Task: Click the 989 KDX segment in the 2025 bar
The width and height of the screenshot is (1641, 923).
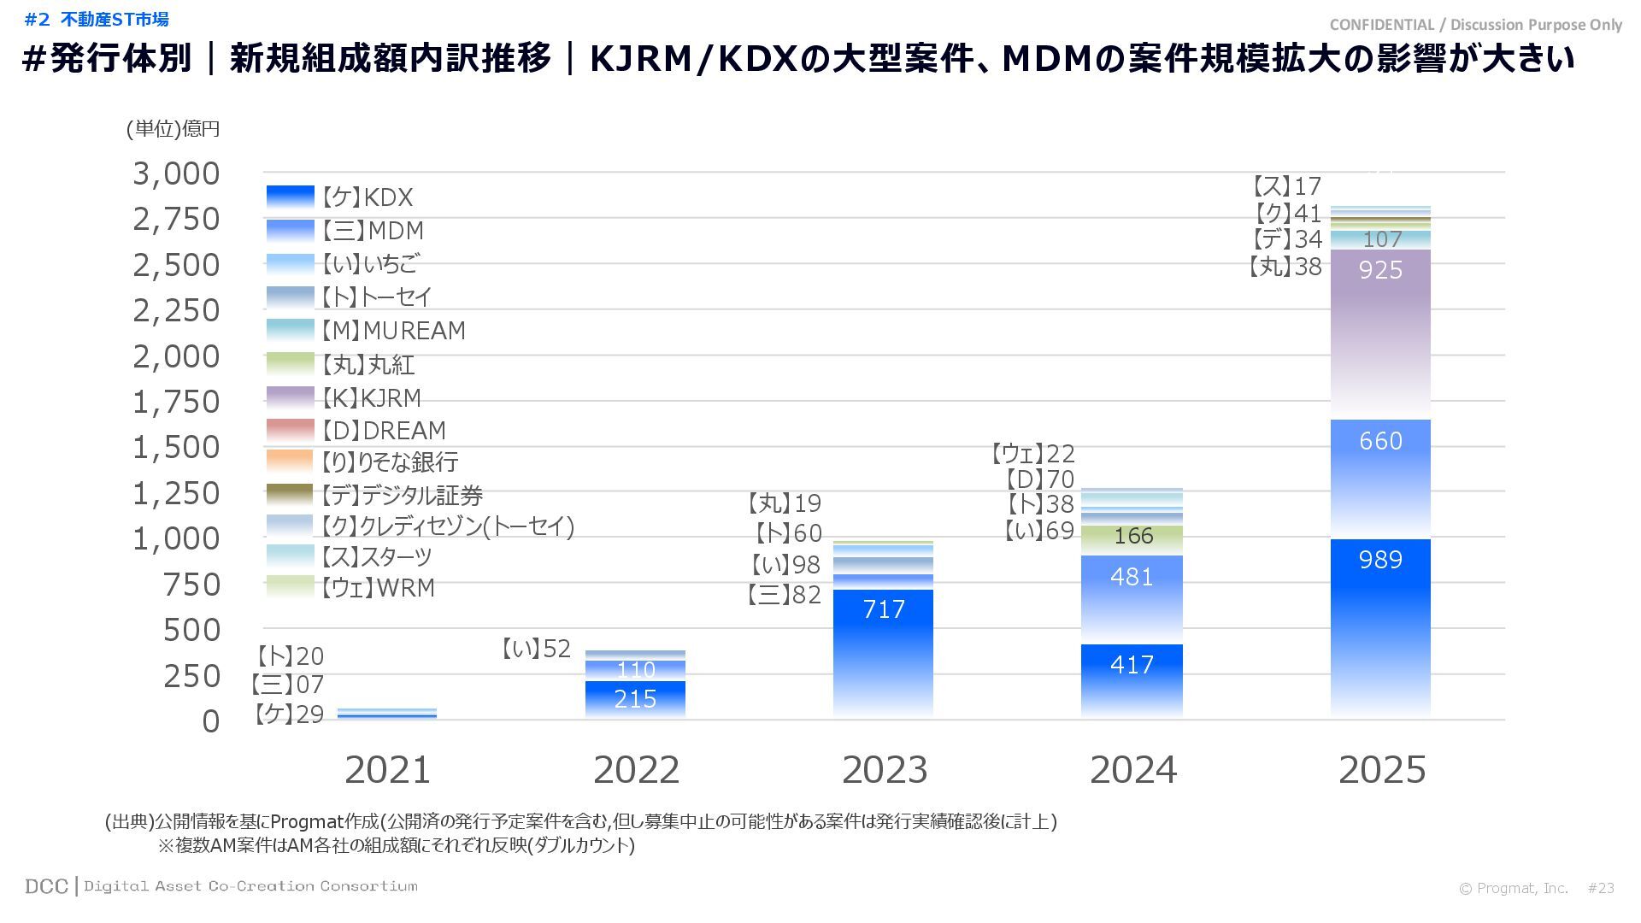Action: point(1380,628)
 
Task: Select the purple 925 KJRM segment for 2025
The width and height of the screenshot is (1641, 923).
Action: point(1380,333)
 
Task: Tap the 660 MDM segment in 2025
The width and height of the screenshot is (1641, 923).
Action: point(1380,479)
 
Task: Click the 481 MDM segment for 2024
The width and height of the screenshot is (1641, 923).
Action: point(1132,599)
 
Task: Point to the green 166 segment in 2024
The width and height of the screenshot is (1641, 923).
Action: point(1132,538)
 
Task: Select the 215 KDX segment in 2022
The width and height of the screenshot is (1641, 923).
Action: point(635,699)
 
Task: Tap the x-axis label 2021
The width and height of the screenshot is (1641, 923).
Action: point(387,770)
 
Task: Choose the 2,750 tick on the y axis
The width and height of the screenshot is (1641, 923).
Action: point(176,220)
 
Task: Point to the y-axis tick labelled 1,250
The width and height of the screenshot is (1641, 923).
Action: point(176,494)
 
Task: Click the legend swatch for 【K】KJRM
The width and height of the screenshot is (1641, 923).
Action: point(290,397)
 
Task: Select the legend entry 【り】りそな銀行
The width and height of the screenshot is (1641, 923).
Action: point(390,462)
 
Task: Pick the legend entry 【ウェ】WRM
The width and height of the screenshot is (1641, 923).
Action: point(378,588)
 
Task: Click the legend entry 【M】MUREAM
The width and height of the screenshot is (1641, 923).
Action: point(394,331)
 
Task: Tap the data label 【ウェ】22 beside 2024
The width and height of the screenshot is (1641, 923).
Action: point(1032,453)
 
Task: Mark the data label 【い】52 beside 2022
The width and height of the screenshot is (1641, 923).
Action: point(535,650)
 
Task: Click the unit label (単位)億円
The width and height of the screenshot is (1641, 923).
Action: point(173,129)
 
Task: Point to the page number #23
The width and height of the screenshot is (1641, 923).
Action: point(1601,888)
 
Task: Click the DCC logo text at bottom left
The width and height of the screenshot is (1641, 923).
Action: point(46,886)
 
